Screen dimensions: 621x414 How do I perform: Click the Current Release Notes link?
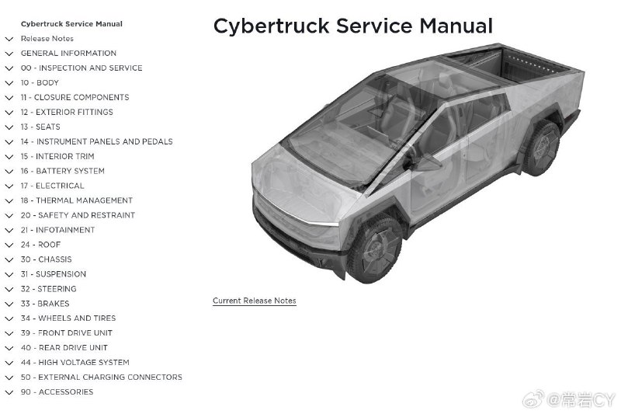(x=255, y=301)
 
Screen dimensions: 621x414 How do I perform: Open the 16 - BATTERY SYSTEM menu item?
(x=63, y=171)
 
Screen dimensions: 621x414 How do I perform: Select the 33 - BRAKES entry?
(x=45, y=304)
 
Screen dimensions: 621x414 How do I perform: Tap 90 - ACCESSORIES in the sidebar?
(x=57, y=392)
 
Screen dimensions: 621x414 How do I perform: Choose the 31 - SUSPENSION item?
(x=54, y=274)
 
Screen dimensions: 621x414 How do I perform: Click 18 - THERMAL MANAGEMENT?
(x=76, y=200)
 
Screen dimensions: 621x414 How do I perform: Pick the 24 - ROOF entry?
(x=41, y=245)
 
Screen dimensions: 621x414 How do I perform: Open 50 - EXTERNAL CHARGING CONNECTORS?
(x=102, y=377)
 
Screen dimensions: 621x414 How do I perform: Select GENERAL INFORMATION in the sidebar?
(x=68, y=53)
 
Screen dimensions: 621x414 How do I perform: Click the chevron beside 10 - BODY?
(x=9, y=83)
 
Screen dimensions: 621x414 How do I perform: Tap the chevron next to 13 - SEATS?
(x=9, y=127)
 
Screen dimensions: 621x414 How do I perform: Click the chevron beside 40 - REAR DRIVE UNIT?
(x=9, y=348)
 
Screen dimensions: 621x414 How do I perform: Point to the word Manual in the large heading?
(x=456, y=26)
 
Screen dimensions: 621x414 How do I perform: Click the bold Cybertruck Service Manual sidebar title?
(x=71, y=24)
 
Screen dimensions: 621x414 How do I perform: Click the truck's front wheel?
(x=374, y=249)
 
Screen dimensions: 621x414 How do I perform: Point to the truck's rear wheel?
(x=541, y=148)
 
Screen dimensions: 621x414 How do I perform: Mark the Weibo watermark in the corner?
(x=570, y=400)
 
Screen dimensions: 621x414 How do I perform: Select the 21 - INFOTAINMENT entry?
(x=57, y=230)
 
